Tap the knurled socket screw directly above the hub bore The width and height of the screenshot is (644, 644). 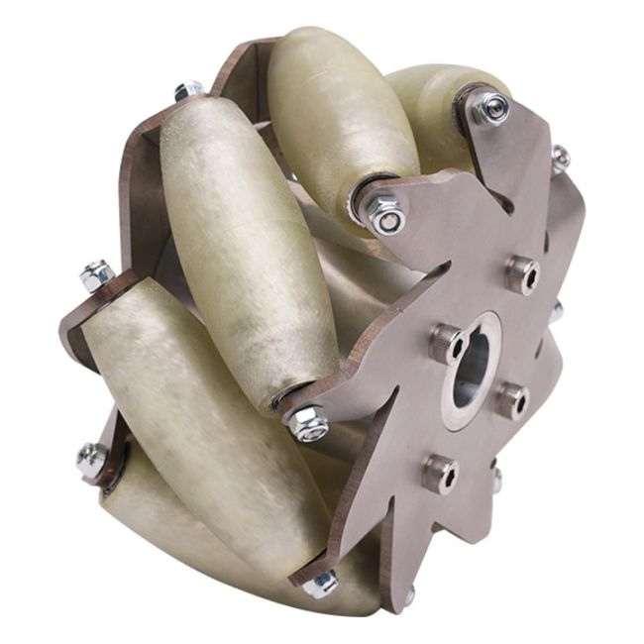click(x=521, y=274)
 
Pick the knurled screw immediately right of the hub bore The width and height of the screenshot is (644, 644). click(x=512, y=399)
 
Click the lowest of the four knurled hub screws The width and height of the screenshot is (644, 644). click(x=440, y=474)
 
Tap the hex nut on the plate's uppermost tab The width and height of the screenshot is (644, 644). click(x=489, y=107)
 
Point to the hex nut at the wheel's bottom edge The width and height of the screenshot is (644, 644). click(x=319, y=584)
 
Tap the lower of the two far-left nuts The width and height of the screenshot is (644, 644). click(x=92, y=458)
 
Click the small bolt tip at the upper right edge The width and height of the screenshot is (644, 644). click(x=560, y=157)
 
